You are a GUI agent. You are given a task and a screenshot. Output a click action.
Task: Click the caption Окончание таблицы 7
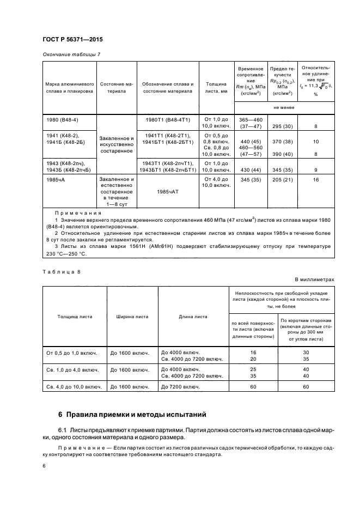[71, 54]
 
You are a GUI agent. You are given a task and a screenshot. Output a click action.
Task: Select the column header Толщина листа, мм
[217, 88]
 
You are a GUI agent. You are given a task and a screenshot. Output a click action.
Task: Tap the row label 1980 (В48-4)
[61, 119]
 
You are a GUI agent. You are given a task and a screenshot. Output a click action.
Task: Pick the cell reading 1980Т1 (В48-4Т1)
[168, 119]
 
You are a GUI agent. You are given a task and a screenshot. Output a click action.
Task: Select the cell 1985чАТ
[168, 192]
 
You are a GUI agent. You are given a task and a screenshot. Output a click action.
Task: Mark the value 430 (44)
[250, 169]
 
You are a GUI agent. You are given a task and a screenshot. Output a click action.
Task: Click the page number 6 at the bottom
[44, 466]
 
